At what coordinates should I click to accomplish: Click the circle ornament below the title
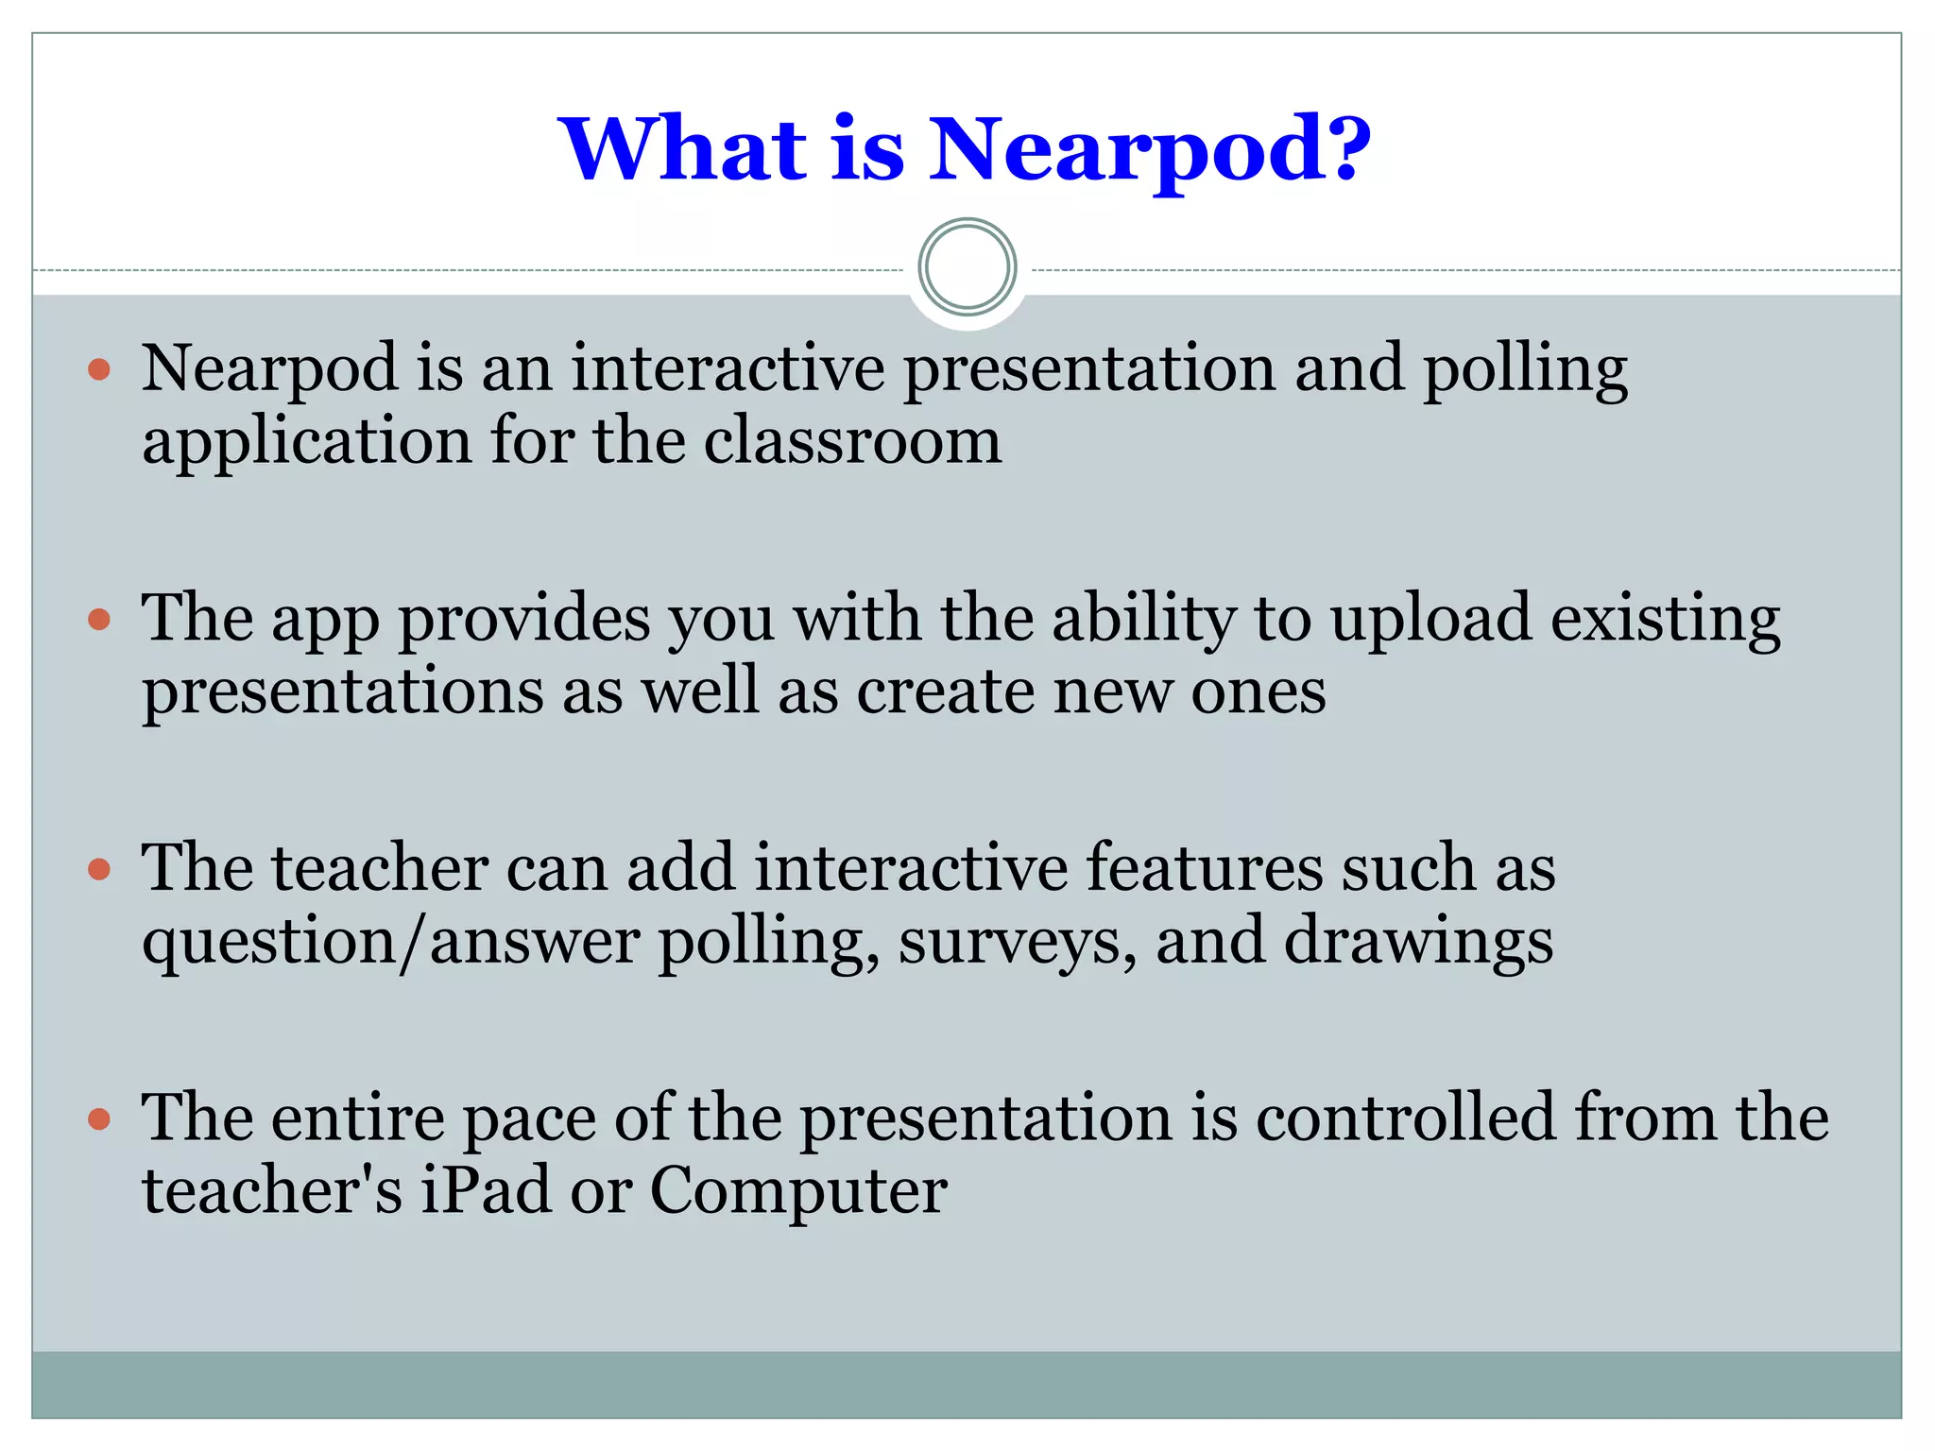click(967, 267)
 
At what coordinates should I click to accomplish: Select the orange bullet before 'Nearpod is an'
click(99, 368)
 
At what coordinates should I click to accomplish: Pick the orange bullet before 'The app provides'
click(99, 620)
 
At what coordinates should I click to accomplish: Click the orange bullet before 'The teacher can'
click(99, 869)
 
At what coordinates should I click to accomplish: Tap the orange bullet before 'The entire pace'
click(99, 1120)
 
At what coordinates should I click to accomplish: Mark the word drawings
click(1417, 943)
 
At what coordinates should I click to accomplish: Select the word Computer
click(798, 1192)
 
